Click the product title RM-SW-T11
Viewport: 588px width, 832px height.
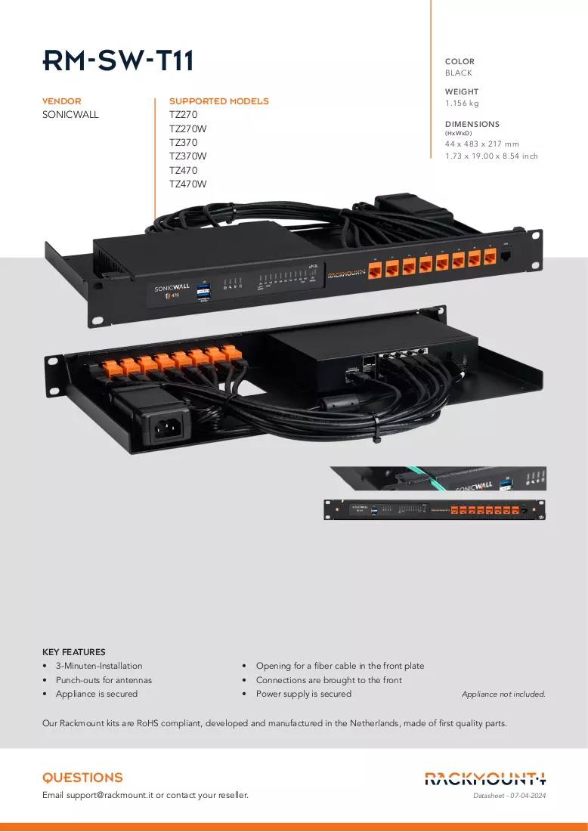[118, 60]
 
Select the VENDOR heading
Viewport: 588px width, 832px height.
[61, 101]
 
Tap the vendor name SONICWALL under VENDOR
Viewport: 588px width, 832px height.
[70, 115]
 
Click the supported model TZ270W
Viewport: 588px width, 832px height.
[188, 128]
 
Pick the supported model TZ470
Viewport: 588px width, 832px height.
[183, 170]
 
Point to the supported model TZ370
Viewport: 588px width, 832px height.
[183, 142]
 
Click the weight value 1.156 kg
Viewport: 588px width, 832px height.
[462, 104]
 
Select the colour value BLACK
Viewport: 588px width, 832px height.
[459, 73]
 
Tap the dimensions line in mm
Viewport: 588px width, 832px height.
[482, 144]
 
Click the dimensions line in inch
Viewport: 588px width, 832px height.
[491, 156]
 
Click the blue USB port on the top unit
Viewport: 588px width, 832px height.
[204, 291]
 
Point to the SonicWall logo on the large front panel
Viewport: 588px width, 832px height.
[172, 288]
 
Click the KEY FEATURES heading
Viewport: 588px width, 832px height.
[74, 652]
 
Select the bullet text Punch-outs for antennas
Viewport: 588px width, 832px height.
[104, 680]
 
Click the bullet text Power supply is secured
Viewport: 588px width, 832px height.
[304, 694]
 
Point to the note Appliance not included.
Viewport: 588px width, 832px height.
[503, 694]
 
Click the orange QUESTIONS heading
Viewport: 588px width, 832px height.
[82, 778]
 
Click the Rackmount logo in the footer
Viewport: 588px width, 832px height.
[485, 779]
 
